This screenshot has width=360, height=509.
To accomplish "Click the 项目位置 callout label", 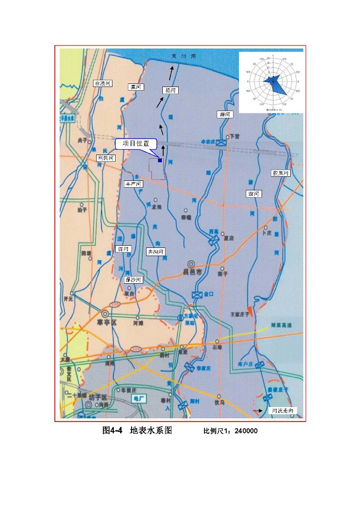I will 136,144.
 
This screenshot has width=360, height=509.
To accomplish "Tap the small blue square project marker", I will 160,160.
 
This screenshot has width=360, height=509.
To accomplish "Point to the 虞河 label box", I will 135,87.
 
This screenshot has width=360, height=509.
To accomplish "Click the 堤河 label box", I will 170,91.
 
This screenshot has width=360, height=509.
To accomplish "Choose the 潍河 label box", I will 225,115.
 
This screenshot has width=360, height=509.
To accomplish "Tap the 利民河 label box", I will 106,158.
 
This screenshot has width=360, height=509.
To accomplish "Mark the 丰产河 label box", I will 134,184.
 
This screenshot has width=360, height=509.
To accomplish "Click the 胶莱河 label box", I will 280,173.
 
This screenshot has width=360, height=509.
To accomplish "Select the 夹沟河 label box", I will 156,252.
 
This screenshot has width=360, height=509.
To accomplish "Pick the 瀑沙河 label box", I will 134,280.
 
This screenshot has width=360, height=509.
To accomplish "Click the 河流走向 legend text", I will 283,411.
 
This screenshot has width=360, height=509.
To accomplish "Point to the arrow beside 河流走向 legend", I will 257,411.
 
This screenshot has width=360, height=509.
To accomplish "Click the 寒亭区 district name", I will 107,322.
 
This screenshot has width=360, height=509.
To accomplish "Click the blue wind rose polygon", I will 277,84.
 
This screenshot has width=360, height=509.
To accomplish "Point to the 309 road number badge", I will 136,349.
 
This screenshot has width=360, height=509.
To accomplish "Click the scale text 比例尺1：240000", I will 230,431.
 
